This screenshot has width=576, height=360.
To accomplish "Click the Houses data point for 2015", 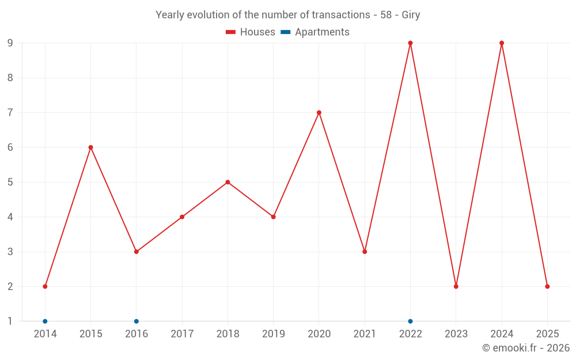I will [90, 147].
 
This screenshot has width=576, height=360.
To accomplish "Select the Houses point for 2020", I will [319, 112].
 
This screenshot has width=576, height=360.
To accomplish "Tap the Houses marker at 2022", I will [410, 43].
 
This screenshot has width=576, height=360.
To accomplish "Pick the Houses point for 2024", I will [502, 43].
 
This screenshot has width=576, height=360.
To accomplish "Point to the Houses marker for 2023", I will [456, 286].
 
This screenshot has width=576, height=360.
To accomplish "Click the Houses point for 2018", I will [228, 182].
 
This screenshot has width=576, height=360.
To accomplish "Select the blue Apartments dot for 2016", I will [137, 321].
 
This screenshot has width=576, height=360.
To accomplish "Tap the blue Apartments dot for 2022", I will [410, 321].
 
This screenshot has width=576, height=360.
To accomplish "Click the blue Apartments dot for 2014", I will [45, 321].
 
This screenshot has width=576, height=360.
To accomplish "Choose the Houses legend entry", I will [251, 32].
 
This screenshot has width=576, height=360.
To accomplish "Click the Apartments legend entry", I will [315, 32].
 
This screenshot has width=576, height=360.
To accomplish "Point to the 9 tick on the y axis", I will [10, 43].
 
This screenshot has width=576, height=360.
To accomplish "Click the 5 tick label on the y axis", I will [10, 182].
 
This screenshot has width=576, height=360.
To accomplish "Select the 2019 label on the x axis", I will [273, 334].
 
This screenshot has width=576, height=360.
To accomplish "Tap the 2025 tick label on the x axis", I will [547, 334].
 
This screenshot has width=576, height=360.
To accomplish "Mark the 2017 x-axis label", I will [182, 334].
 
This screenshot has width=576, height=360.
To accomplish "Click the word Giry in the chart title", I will [410, 15].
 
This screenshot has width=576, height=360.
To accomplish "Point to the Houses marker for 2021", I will [365, 252].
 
